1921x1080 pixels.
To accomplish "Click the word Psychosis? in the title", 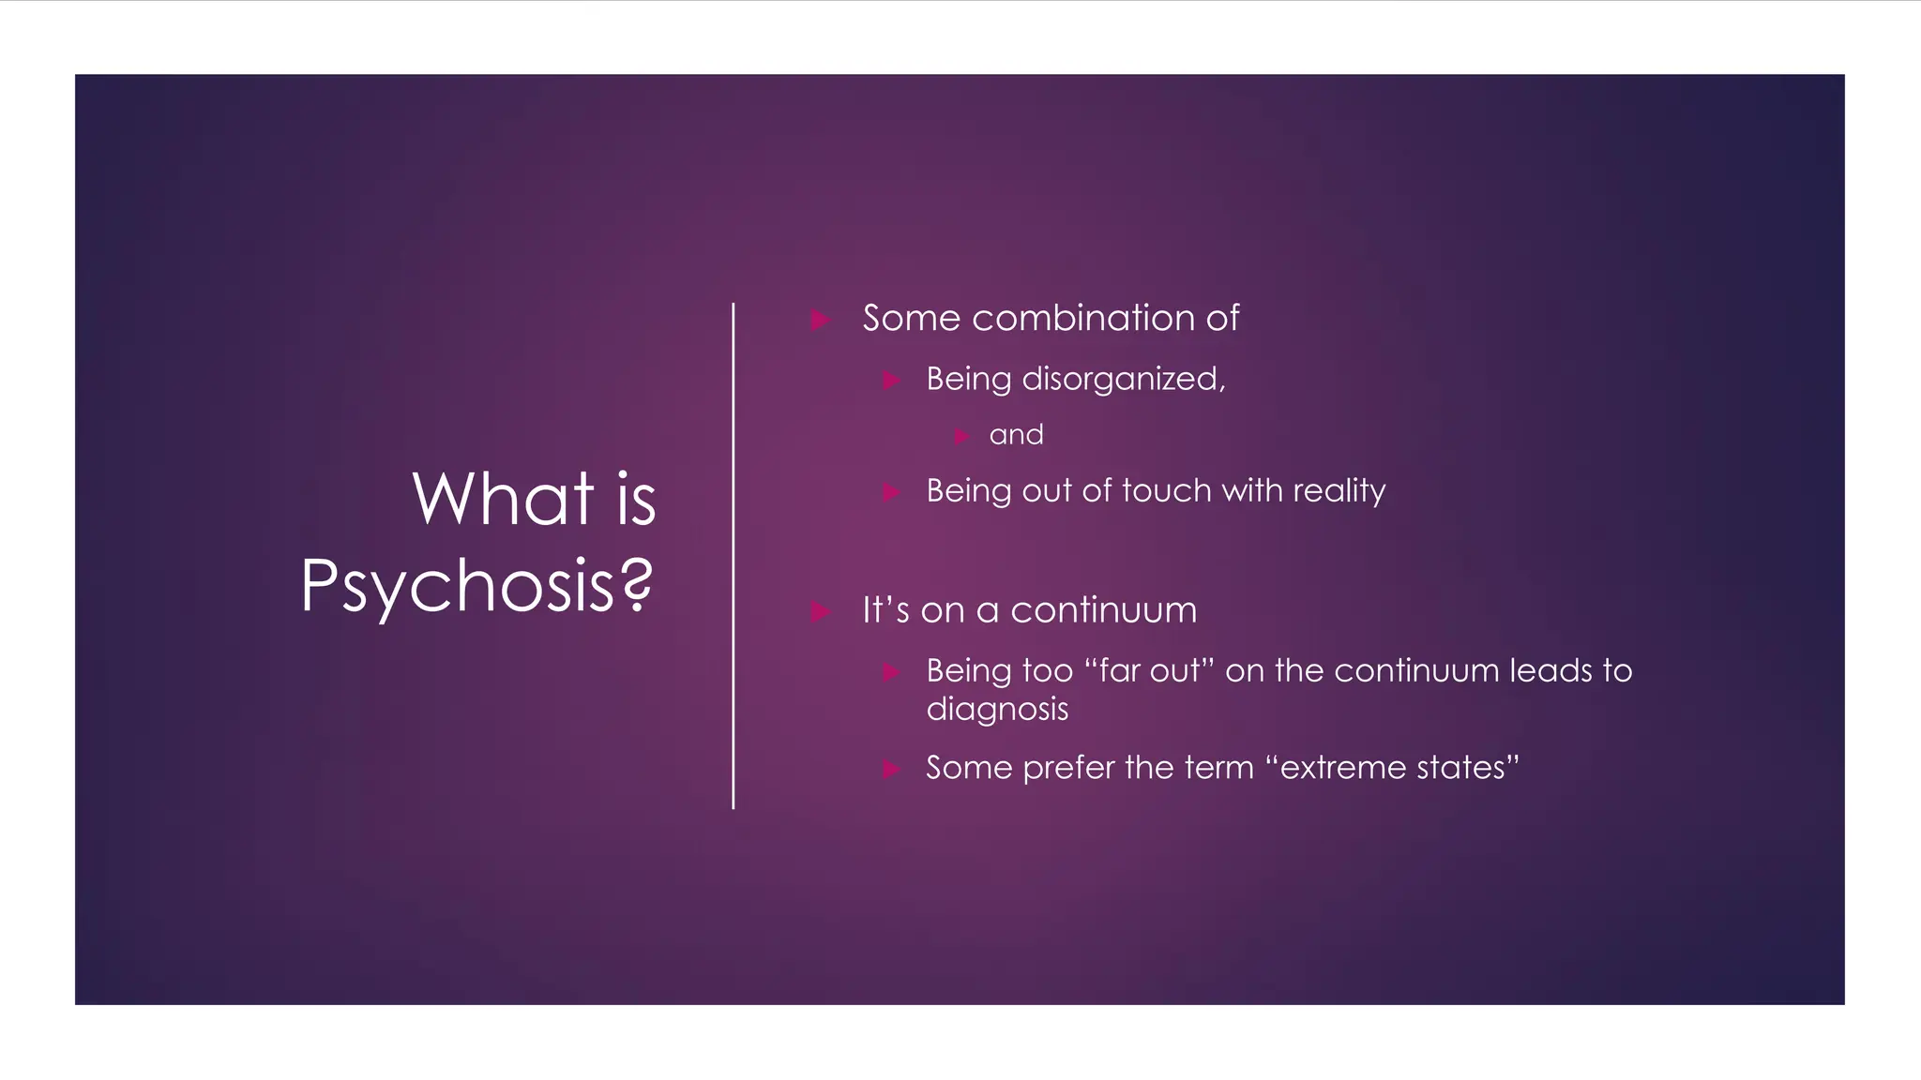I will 476,586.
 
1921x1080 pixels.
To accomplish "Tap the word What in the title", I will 503,499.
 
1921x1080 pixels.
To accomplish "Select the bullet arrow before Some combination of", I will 821,321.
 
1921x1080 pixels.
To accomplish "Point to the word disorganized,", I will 1123,380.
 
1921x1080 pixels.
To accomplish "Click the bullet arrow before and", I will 960,437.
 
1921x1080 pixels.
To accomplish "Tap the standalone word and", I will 1016,435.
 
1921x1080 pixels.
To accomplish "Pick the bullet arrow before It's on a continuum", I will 821,612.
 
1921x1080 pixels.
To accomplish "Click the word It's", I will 885,610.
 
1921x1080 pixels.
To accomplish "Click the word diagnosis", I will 997,710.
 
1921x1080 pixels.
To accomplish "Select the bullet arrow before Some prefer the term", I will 891,770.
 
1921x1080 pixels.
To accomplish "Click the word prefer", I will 1068,768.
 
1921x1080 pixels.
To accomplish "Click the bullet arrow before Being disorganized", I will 891,381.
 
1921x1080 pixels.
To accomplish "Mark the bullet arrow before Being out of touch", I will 891,492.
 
